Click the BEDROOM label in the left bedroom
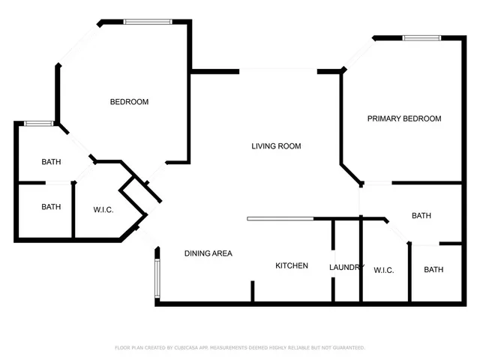pos(129,102)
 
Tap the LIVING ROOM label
pos(276,146)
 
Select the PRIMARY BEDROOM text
pos(403,118)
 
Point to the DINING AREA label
pos(208,253)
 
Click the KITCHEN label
pos(292,265)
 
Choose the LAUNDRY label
pos(346,267)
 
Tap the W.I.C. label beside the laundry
pos(383,271)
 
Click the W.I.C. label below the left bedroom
pos(103,210)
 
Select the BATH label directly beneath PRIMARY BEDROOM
pos(421,216)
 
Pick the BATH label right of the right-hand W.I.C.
pos(433,271)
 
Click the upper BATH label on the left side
pos(51,161)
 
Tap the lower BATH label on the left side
pos(51,207)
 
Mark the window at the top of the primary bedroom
pos(424,37)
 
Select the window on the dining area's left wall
pos(156,278)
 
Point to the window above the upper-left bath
pos(37,123)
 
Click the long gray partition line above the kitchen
pos(280,219)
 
